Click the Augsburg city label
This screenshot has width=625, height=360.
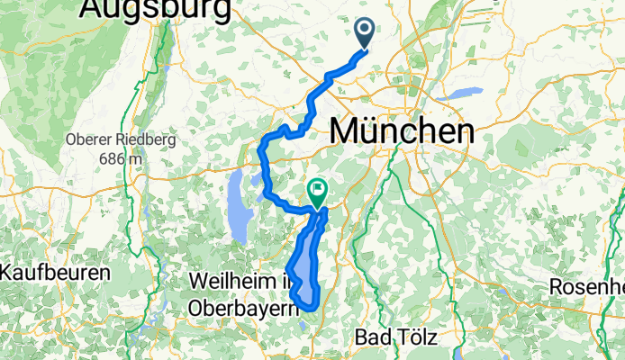pyautogui.click(x=155, y=8)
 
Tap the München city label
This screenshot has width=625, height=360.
pyautogui.click(x=402, y=131)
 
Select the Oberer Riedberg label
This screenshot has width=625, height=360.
pyautogui.click(x=120, y=139)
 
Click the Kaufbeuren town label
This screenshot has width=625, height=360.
pyautogui.click(x=55, y=272)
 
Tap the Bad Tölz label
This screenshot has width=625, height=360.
pyautogui.click(x=395, y=338)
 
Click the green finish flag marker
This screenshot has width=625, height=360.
pyautogui.click(x=317, y=191)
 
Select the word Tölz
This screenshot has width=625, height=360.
pyautogui.click(x=412, y=338)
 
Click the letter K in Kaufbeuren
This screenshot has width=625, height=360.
pyautogui.click(x=8, y=272)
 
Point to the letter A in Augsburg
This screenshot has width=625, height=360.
pyautogui.click(x=93, y=8)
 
